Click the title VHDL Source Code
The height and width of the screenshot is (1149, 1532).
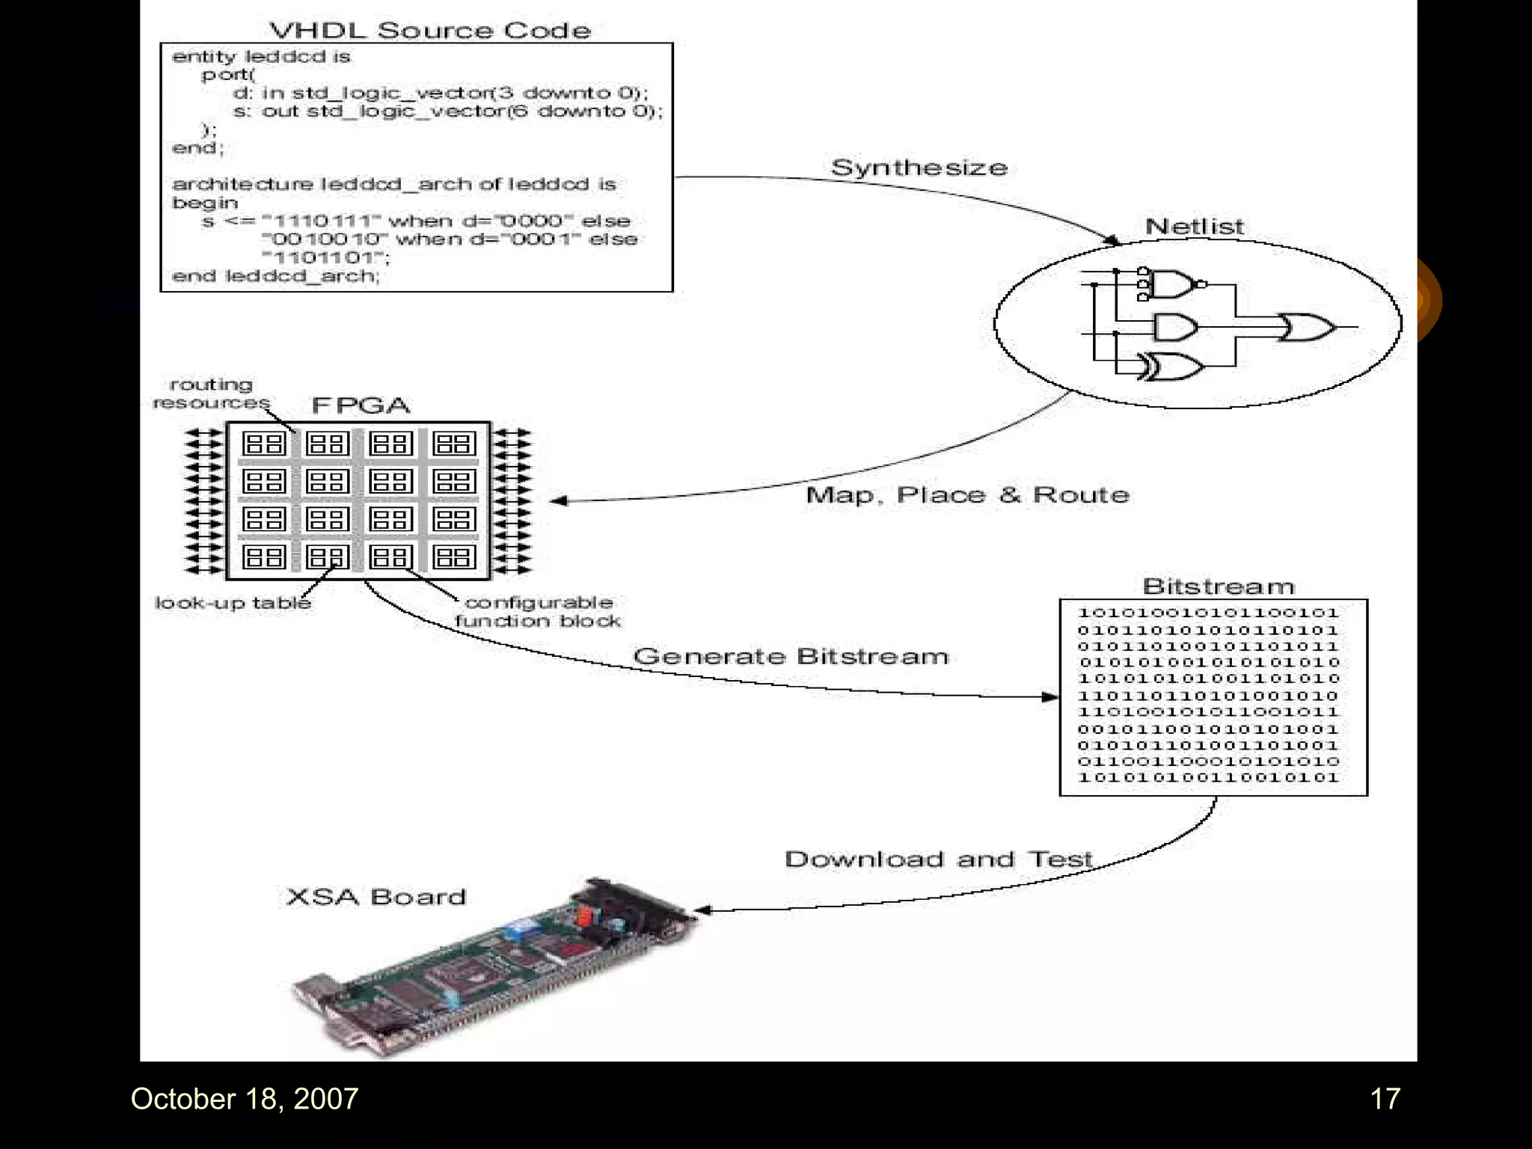coord(430,31)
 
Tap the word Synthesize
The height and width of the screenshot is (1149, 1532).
coord(919,168)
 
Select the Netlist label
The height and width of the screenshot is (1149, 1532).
coord(1195,227)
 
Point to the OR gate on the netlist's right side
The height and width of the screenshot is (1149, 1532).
coord(1306,327)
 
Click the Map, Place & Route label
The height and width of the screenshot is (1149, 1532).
coord(967,495)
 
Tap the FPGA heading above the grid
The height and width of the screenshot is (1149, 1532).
coord(361,405)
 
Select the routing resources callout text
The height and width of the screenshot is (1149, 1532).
coord(211,393)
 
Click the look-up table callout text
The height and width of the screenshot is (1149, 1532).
coord(233,603)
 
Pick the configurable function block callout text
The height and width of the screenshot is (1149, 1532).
coord(538,612)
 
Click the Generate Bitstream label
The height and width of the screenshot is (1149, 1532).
coord(791,657)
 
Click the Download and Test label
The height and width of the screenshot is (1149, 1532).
coord(939,860)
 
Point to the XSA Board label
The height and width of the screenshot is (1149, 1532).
coord(376,897)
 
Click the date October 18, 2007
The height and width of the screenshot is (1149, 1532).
coord(245,1099)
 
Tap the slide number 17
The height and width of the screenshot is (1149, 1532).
coord(1385,1099)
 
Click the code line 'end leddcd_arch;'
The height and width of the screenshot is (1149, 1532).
coord(276,276)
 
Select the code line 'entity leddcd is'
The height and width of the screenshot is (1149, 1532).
coord(261,57)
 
